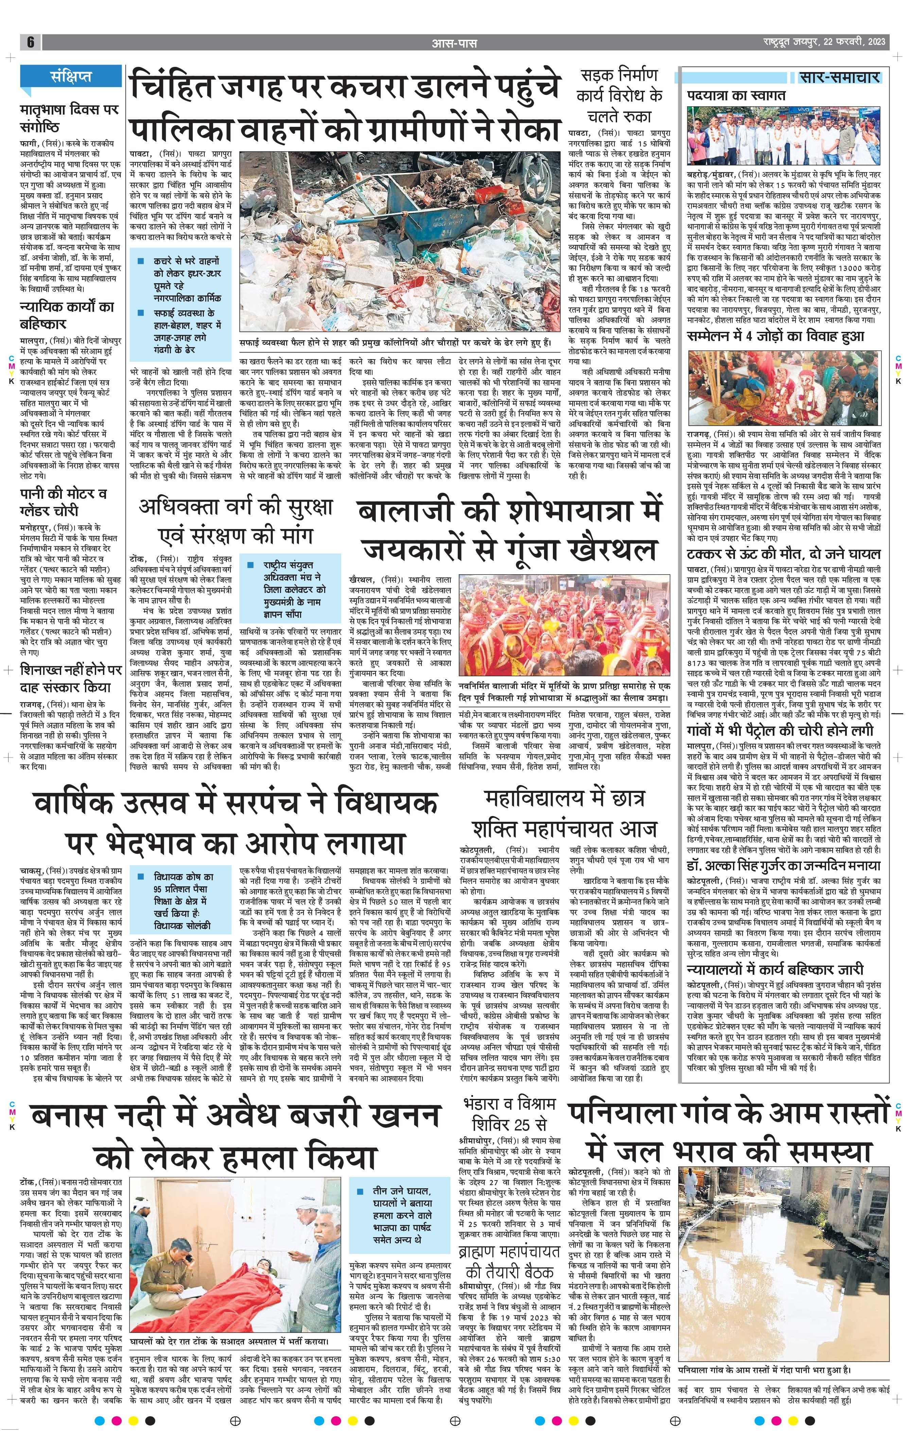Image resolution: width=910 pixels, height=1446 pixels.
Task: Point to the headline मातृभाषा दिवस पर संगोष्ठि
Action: click(69, 118)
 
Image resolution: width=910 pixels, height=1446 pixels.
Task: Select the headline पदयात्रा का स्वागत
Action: click(736, 96)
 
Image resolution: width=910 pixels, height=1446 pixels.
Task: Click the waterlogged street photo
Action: click(780, 1256)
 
